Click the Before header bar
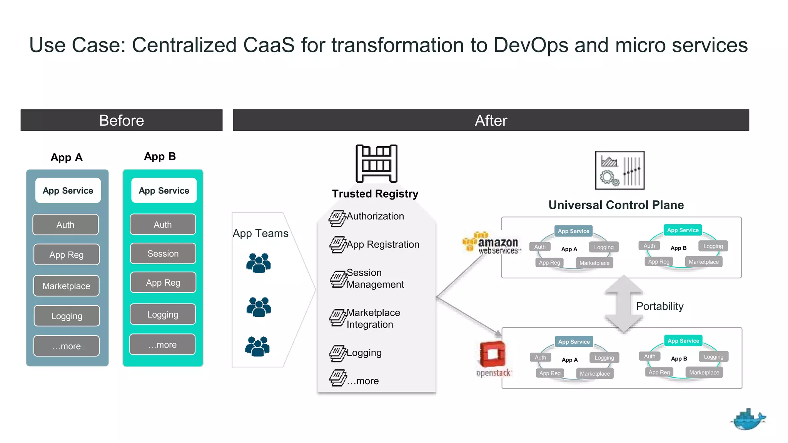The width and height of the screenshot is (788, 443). click(121, 120)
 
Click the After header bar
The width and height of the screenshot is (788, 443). click(491, 120)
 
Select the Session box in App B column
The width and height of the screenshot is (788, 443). click(163, 254)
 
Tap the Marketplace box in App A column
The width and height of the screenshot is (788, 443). click(66, 286)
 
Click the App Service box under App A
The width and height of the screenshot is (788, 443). click(68, 191)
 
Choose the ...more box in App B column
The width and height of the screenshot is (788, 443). click(162, 345)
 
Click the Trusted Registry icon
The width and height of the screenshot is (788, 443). click(376, 163)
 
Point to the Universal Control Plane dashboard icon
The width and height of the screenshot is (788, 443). click(619, 170)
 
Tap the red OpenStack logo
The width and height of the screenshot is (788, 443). click(492, 354)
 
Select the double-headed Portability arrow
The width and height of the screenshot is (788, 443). click(624, 304)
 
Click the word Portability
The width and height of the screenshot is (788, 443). click(659, 306)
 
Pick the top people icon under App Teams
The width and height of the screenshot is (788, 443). click(259, 263)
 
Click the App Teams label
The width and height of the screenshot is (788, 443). click(260, 233)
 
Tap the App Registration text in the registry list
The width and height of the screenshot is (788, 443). click(383, 245)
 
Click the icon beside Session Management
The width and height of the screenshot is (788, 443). click(338, 279)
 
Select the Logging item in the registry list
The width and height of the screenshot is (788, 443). click(364, 353)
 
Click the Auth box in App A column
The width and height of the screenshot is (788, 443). click(65, 225)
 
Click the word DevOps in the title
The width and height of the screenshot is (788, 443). click(531, 45)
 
